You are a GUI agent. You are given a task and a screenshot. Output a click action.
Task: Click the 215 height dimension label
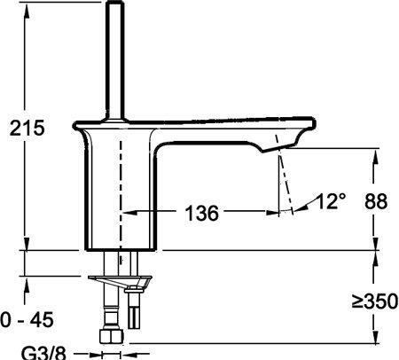coord(27,129)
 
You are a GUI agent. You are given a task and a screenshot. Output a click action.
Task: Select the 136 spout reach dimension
coord(202,213)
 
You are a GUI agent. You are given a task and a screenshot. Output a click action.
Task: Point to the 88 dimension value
coord(376,201)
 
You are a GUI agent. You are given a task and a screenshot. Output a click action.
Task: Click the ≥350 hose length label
coord(375,301)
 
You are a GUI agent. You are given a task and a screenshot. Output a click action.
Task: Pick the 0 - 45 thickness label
coord(27,320)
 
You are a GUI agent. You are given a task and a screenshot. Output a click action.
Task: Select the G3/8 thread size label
coord(43,353)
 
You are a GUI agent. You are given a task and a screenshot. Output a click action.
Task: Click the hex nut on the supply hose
coord(112,337)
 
